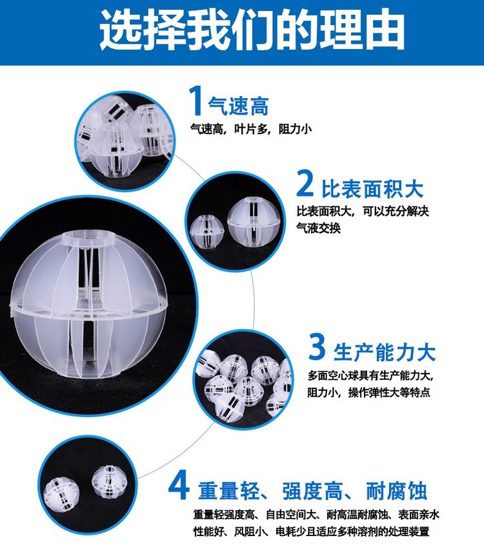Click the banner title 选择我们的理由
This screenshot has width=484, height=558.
click(x=252, y=30)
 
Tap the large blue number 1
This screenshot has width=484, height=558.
click(x=196, y=101)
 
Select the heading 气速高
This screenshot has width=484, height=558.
click(x=238, y=106)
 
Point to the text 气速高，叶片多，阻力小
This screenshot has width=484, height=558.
click(x=251, y=129)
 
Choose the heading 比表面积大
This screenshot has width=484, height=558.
click(x=372, y=188)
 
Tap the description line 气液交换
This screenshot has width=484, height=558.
click(x=319, y=228)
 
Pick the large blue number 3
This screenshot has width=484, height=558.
click(x=316, y=346)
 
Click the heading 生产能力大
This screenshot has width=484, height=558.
click(x=385, y=352)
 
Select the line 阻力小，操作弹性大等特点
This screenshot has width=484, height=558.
click(x=368, y=392)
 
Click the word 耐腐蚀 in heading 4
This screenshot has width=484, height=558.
click(x=396, y=491)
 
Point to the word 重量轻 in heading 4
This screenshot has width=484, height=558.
click(x=228, y=491)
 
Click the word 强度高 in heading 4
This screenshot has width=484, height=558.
click(x=312, y=491)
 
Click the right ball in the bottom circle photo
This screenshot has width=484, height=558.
click(x=108, y=481)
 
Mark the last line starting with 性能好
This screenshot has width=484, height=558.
click(x=312, y=532)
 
